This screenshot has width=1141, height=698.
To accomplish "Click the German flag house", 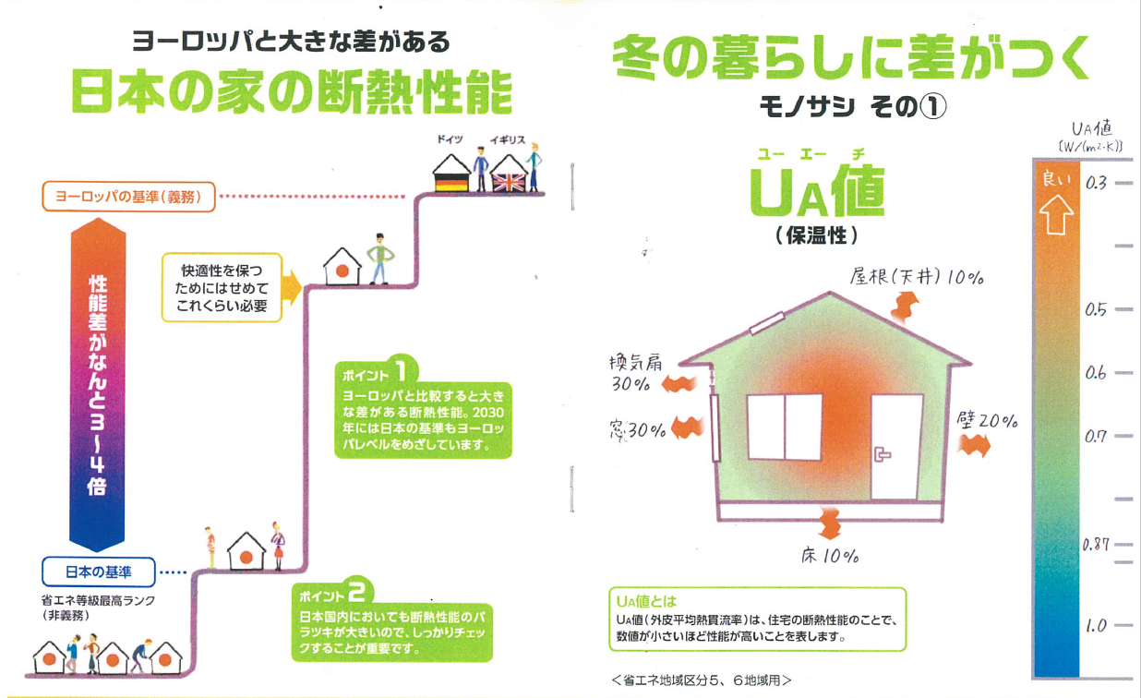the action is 451,174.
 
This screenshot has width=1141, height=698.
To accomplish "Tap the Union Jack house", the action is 509,174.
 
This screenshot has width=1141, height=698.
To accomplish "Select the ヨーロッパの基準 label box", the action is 128,197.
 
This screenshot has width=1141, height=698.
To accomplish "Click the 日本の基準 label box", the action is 98,572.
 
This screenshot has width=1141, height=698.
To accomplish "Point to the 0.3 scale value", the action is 1096,183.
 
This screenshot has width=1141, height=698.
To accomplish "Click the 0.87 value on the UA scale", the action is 1096,545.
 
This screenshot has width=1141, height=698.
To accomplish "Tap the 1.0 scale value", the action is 1096,626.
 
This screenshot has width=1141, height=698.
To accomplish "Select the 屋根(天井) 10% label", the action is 917,277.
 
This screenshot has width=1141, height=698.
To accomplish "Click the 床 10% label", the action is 830,556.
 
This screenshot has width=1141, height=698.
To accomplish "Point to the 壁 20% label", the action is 987,420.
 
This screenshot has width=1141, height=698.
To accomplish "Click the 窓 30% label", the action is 638,430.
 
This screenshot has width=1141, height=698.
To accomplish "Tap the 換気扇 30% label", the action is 635,373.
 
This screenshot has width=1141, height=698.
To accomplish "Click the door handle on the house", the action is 882,454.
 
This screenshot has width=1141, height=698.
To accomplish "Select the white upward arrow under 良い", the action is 1056,215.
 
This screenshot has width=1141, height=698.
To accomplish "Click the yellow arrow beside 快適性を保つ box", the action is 292,288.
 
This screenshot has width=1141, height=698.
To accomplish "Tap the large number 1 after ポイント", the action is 402,371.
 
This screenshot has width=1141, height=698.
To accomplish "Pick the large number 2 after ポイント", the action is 357,592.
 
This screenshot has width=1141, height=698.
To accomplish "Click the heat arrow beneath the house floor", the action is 830,523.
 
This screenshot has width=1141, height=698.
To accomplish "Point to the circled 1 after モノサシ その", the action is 932,107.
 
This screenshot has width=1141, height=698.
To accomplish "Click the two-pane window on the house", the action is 785,427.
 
